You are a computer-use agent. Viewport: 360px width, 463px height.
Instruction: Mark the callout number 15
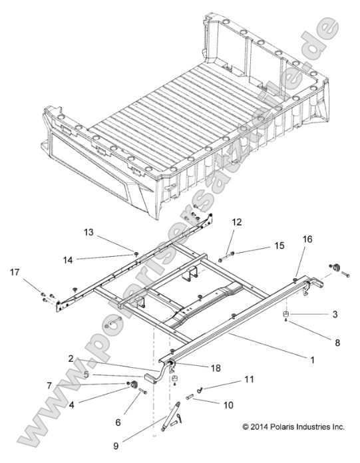point(279,245)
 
